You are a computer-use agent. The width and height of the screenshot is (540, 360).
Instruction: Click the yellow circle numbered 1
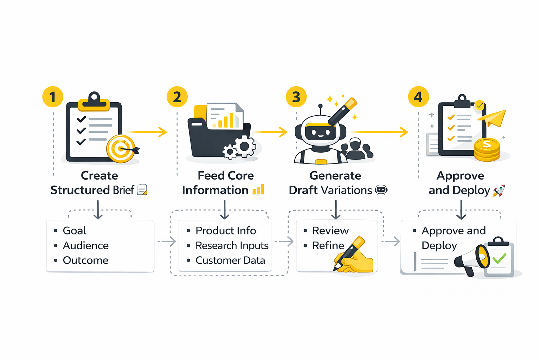(x=53, y=97)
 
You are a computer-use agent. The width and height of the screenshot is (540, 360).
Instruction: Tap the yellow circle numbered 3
(x=296, y=97)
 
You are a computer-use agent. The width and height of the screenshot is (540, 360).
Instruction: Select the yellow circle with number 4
(x=418, y=97)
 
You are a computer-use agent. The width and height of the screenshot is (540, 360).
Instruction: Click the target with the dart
(x=121, y=149)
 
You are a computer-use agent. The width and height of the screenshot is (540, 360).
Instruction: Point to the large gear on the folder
(x=245, y=146)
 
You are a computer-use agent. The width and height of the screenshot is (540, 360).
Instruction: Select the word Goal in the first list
(x=75, y=231)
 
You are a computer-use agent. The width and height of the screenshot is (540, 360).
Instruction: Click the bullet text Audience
(x=86, y=245)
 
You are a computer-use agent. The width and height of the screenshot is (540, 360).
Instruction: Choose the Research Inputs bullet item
(x=232, y=245)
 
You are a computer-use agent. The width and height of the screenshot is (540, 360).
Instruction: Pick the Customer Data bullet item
(x=230, y=261)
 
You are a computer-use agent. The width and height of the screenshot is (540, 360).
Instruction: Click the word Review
(x=330, y=231)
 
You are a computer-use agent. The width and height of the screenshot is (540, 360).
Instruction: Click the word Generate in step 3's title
(x=335, y=175)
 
